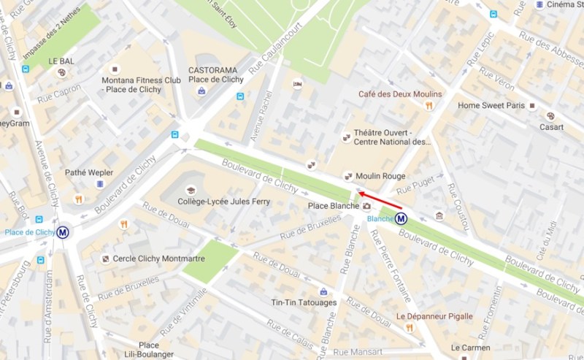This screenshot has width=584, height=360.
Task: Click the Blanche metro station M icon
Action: pos(401,218)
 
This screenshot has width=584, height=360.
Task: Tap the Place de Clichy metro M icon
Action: pos(64,232)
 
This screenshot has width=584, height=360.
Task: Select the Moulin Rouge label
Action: pos(380,176)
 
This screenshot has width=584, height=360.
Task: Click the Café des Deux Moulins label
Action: pos(399,94)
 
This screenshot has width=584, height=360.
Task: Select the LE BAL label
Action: pos(61,61)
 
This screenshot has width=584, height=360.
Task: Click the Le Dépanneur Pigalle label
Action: pos(434,316)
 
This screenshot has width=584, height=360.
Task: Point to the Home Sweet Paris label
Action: pos(491,105)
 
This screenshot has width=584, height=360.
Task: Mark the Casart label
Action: pos(552,127)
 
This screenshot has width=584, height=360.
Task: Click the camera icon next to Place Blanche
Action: pos(366,207)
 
